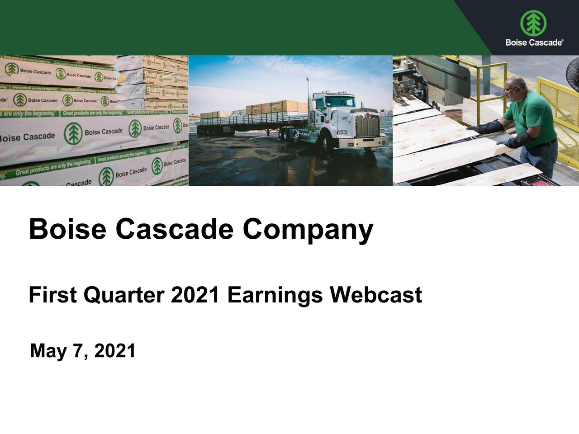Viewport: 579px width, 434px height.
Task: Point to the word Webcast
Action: (375, 295)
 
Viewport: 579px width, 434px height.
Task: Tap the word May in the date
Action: (48, 351)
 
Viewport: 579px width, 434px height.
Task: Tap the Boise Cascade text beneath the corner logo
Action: (534, 42)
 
